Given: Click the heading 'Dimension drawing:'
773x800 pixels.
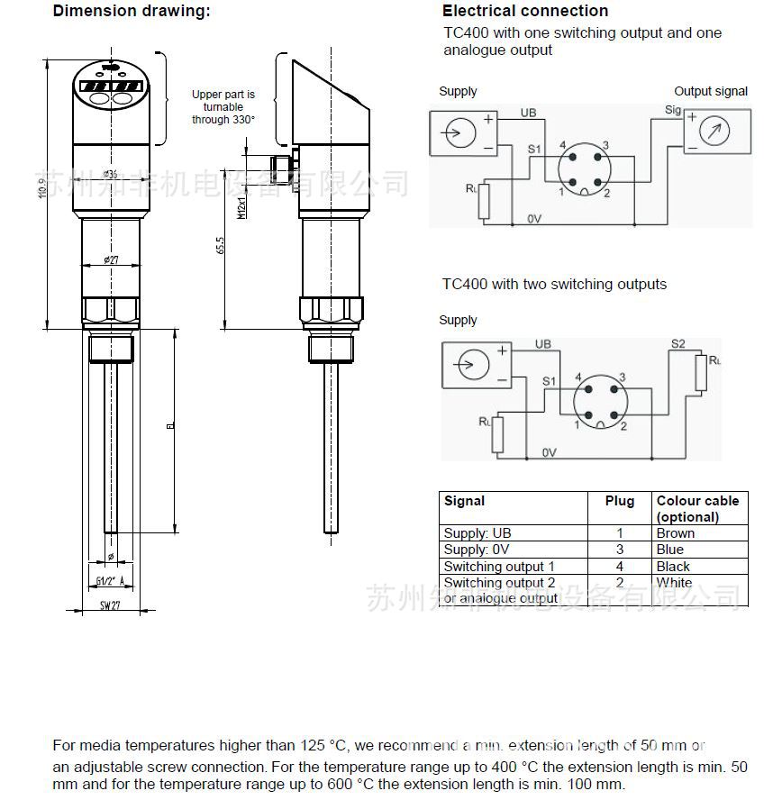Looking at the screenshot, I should (x=132, y=12).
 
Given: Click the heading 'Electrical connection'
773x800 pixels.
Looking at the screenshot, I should (x=524, y=12).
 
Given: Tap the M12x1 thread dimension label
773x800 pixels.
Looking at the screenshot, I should (x=241, y=207).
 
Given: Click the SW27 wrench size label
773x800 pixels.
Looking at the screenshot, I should (x=109, y=606).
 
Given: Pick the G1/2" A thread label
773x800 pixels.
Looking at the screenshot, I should (x=109, y=581).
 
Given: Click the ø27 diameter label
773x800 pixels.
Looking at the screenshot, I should (x=111, y=259).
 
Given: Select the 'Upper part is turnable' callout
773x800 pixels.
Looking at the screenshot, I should (x=223, y=107).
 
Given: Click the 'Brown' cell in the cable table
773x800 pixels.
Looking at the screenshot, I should (x=675, y=533).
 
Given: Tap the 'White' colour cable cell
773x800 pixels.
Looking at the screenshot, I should (x=674, y=583).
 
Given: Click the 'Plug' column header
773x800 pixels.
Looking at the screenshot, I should (x=619, y=501).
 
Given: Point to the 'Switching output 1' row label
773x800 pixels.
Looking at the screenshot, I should (x=499, y=567).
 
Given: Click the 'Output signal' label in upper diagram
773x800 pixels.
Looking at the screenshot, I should (x=711, y=91).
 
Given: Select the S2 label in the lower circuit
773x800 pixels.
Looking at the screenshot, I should (x=678, y=344).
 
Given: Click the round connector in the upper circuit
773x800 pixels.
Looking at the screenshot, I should (x=583, y=168).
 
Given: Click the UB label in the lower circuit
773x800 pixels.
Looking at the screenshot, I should (x=542, y=344).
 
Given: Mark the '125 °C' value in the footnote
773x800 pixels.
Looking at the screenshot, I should (x=322, y=746).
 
